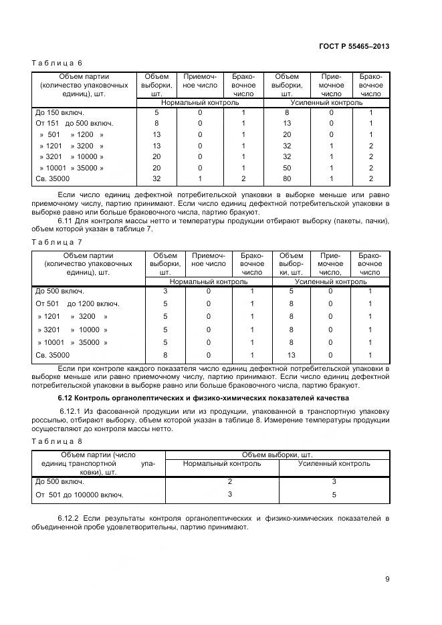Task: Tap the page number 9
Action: (387, 580)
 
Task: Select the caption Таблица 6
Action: (57, 63)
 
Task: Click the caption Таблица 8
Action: (57, 441)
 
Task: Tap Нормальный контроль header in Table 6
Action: (200, 104)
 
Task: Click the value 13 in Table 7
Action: (292, 356)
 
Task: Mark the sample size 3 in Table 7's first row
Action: (165, 291)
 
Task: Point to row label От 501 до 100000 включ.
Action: (80, 495)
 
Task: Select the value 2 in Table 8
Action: (229, 481)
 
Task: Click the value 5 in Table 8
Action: (334, 495)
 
